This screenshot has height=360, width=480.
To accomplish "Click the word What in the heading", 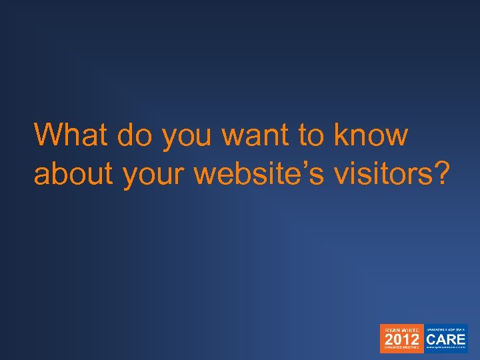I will pyautogui.click(x=71, y=135).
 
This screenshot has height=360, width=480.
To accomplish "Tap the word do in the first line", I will pyautogui.click(x=136, y=135).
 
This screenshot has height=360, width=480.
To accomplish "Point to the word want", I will pyautogui.click(x=255, y=136).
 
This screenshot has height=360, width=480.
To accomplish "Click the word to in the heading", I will pyautogui.click(x=311, y=136).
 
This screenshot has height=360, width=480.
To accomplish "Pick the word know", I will pyautogui.click(x=371, y=135).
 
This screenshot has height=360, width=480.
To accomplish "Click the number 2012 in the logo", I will pyautogui.click(x=401, y=339).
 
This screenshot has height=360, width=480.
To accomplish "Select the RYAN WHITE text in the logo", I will pyautogui.click(x=401, y=329).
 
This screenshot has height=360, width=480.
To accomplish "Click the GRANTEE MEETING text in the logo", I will pyautogui.click(x=401, y=349).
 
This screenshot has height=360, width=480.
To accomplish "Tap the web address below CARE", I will pyautogui.click(x=446, y=348).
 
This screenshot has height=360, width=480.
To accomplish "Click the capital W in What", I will pyautogui.click(x=47, y=135).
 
